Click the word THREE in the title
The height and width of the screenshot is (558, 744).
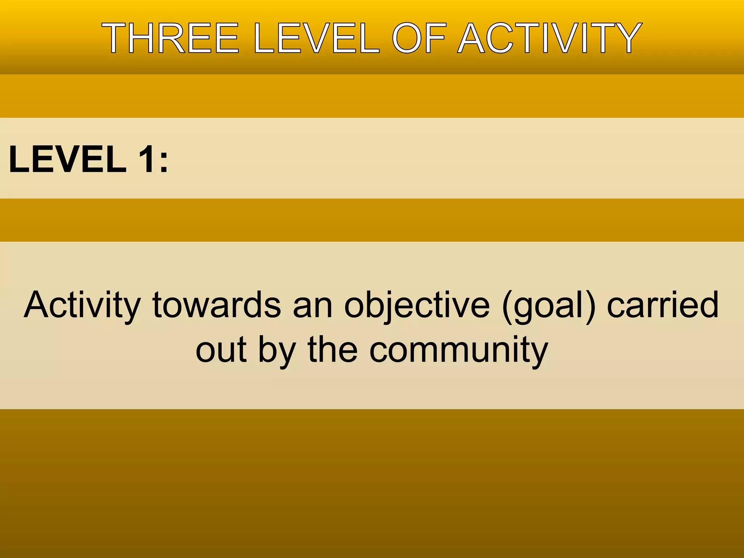tap(170, 38)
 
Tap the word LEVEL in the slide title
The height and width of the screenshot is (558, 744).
tap(317, 38)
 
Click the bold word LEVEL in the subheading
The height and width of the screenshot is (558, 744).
tap(68, 159)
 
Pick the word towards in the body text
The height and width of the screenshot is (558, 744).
tap(217, 305)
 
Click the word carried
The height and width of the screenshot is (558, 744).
tap(663, 305)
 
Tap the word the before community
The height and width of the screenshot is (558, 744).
tap(332, 349)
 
